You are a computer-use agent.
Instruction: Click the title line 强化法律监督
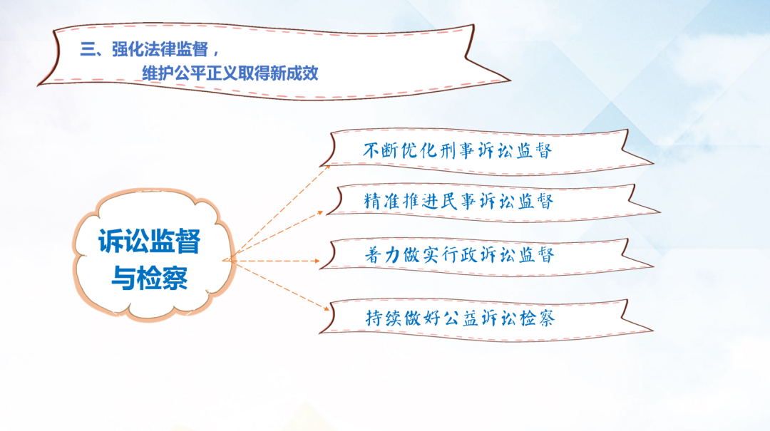[160, 49]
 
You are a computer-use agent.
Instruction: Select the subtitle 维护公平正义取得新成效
[230, 73]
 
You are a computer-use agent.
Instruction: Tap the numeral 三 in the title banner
[88, 49]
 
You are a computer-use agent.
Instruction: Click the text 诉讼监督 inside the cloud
[149, 241]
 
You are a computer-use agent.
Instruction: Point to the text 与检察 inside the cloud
[149, 278]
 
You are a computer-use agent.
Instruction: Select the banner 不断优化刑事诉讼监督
[486, 152]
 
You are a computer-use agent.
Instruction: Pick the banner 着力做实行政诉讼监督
[486, 256]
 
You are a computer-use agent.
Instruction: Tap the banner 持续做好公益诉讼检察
[486, 319]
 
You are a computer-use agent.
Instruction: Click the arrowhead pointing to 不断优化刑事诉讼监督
[327, 168]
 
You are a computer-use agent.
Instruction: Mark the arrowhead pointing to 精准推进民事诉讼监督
[320, 213]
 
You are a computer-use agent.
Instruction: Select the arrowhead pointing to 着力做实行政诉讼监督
[317, 261]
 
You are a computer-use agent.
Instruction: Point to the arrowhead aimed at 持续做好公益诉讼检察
[326, 308]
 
